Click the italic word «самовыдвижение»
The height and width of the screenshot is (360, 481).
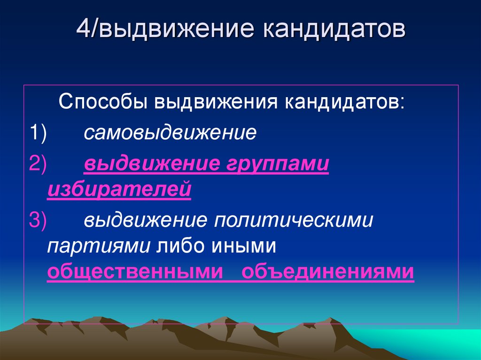pos(170,133)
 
